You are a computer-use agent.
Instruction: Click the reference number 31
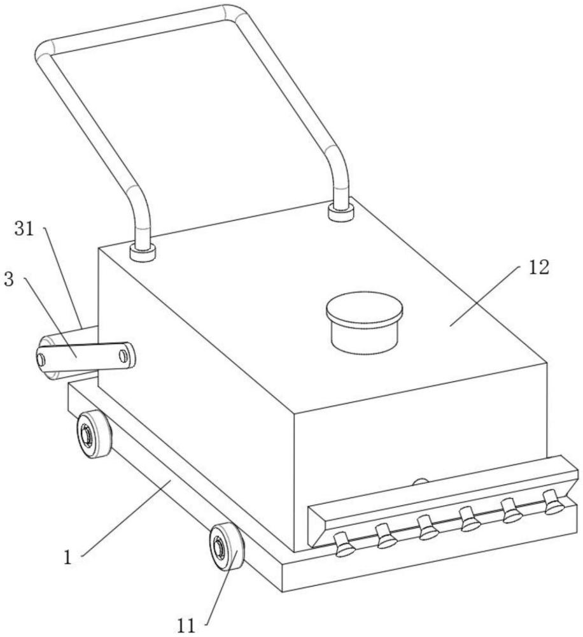click(24, 229)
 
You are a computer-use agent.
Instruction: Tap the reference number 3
click(9, 280)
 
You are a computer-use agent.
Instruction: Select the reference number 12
click(538, 268)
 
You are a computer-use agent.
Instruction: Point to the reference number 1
click(68, 558)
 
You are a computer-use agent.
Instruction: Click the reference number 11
click(186, 626)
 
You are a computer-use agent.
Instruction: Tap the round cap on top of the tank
click(364, 322)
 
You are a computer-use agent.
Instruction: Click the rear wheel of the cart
click(94, 434)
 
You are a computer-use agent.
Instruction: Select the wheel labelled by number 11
click(227, 547)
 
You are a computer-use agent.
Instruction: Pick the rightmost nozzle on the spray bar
click(554, 502)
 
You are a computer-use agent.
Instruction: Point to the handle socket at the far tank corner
click(341, 213)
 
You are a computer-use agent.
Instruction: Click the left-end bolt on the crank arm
click(41, 359)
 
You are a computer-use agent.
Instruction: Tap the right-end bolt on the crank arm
click(123, 355)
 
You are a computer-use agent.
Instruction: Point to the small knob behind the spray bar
click(421, 482)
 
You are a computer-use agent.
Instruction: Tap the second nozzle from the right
click(512, 511)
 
